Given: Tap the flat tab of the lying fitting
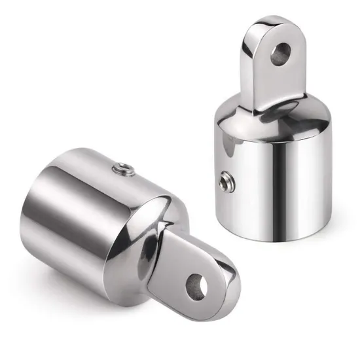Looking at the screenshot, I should [177, 275].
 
